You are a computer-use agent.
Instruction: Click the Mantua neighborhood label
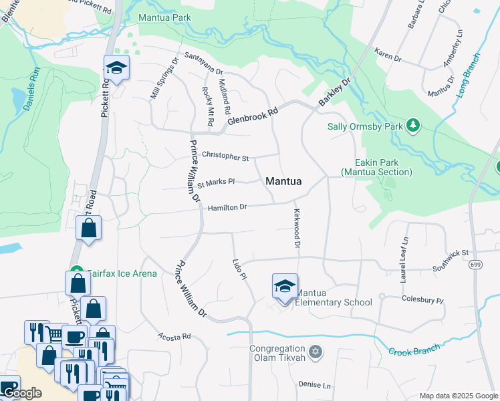tap(283, 181)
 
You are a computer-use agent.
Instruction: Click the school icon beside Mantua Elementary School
tap(285, 287)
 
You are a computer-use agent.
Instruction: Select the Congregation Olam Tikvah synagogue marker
tap(316, 351)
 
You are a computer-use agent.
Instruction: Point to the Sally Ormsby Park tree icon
tap(414, 125)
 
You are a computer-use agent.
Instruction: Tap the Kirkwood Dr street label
tap(297, 229)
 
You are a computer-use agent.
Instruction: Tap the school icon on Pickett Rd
tap(116, 68)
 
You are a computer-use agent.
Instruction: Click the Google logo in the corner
tap(21, 393)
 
